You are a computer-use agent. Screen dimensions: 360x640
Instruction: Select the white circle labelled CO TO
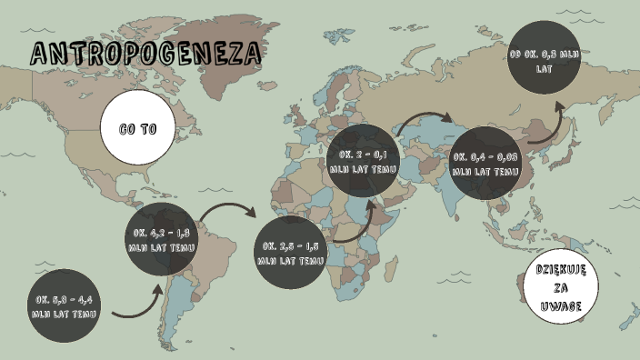[x=138, y=129]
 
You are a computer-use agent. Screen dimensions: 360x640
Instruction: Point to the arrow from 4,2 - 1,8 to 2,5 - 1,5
[x=227, y=213]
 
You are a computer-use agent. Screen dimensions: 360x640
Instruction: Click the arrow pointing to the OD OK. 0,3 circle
[x=551, y=127]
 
